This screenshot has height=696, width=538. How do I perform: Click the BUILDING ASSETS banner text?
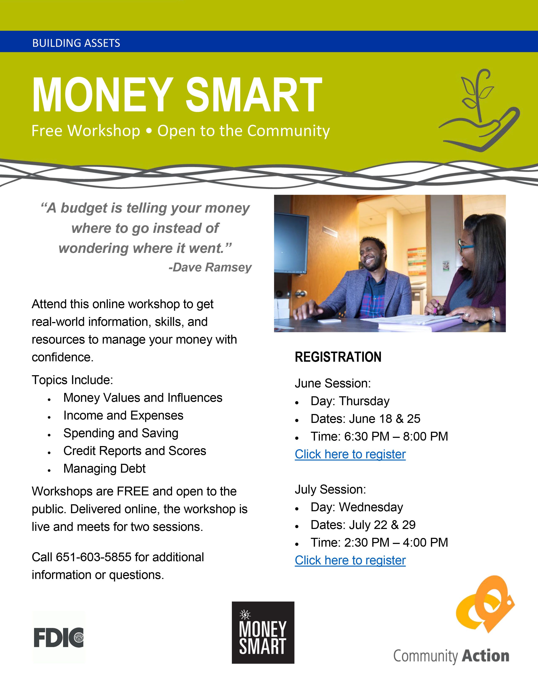(x=76, y=43)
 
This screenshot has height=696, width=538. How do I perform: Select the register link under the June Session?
(x=350, y=454)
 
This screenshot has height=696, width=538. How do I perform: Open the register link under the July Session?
(x=350, y=560)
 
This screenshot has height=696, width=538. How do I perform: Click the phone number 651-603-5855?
(x=94, y=557)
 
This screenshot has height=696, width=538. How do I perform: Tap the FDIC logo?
(x=59, y=637)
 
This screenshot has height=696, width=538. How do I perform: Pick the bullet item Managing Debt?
(x=104, y=468)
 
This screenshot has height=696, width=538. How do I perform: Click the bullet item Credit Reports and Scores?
(x=135, y=451)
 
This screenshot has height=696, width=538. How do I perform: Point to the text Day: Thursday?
(x=350, y=401)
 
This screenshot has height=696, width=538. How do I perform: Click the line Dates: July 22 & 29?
(x=363, y=525)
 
